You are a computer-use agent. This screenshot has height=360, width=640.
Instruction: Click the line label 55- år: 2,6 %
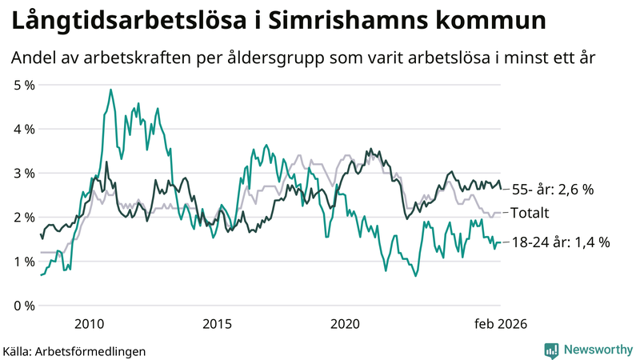click(x=553, y=190)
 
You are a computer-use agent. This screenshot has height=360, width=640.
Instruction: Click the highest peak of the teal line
click(x=110, y=90)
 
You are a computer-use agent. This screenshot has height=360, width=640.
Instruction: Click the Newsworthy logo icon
click(x=551, y=350)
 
